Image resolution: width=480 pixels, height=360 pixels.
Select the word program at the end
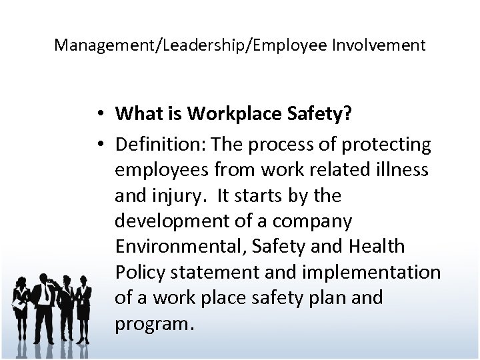click(152, 325)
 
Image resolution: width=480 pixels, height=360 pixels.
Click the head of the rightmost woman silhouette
click(85, 274)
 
